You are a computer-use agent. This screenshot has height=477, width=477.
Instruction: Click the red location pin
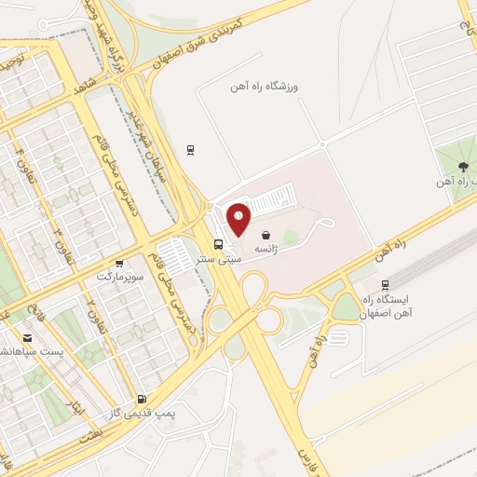click(x=239, y=218)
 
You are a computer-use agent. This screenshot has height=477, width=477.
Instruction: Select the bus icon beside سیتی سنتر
click(x=218, y=244)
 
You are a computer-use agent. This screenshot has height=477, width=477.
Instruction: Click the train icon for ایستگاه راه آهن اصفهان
click(x=386, y=285)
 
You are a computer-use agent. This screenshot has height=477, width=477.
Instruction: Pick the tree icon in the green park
click(x=463, y=165)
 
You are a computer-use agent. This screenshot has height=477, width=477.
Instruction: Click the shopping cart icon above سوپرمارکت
click(x=119, y=263)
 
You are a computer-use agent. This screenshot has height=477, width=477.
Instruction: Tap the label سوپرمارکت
click(x=116, y=277)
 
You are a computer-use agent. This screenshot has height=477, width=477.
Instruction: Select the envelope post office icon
click(x=27, y=337)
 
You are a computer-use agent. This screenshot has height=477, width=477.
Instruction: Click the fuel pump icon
click(x=141, y=398)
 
